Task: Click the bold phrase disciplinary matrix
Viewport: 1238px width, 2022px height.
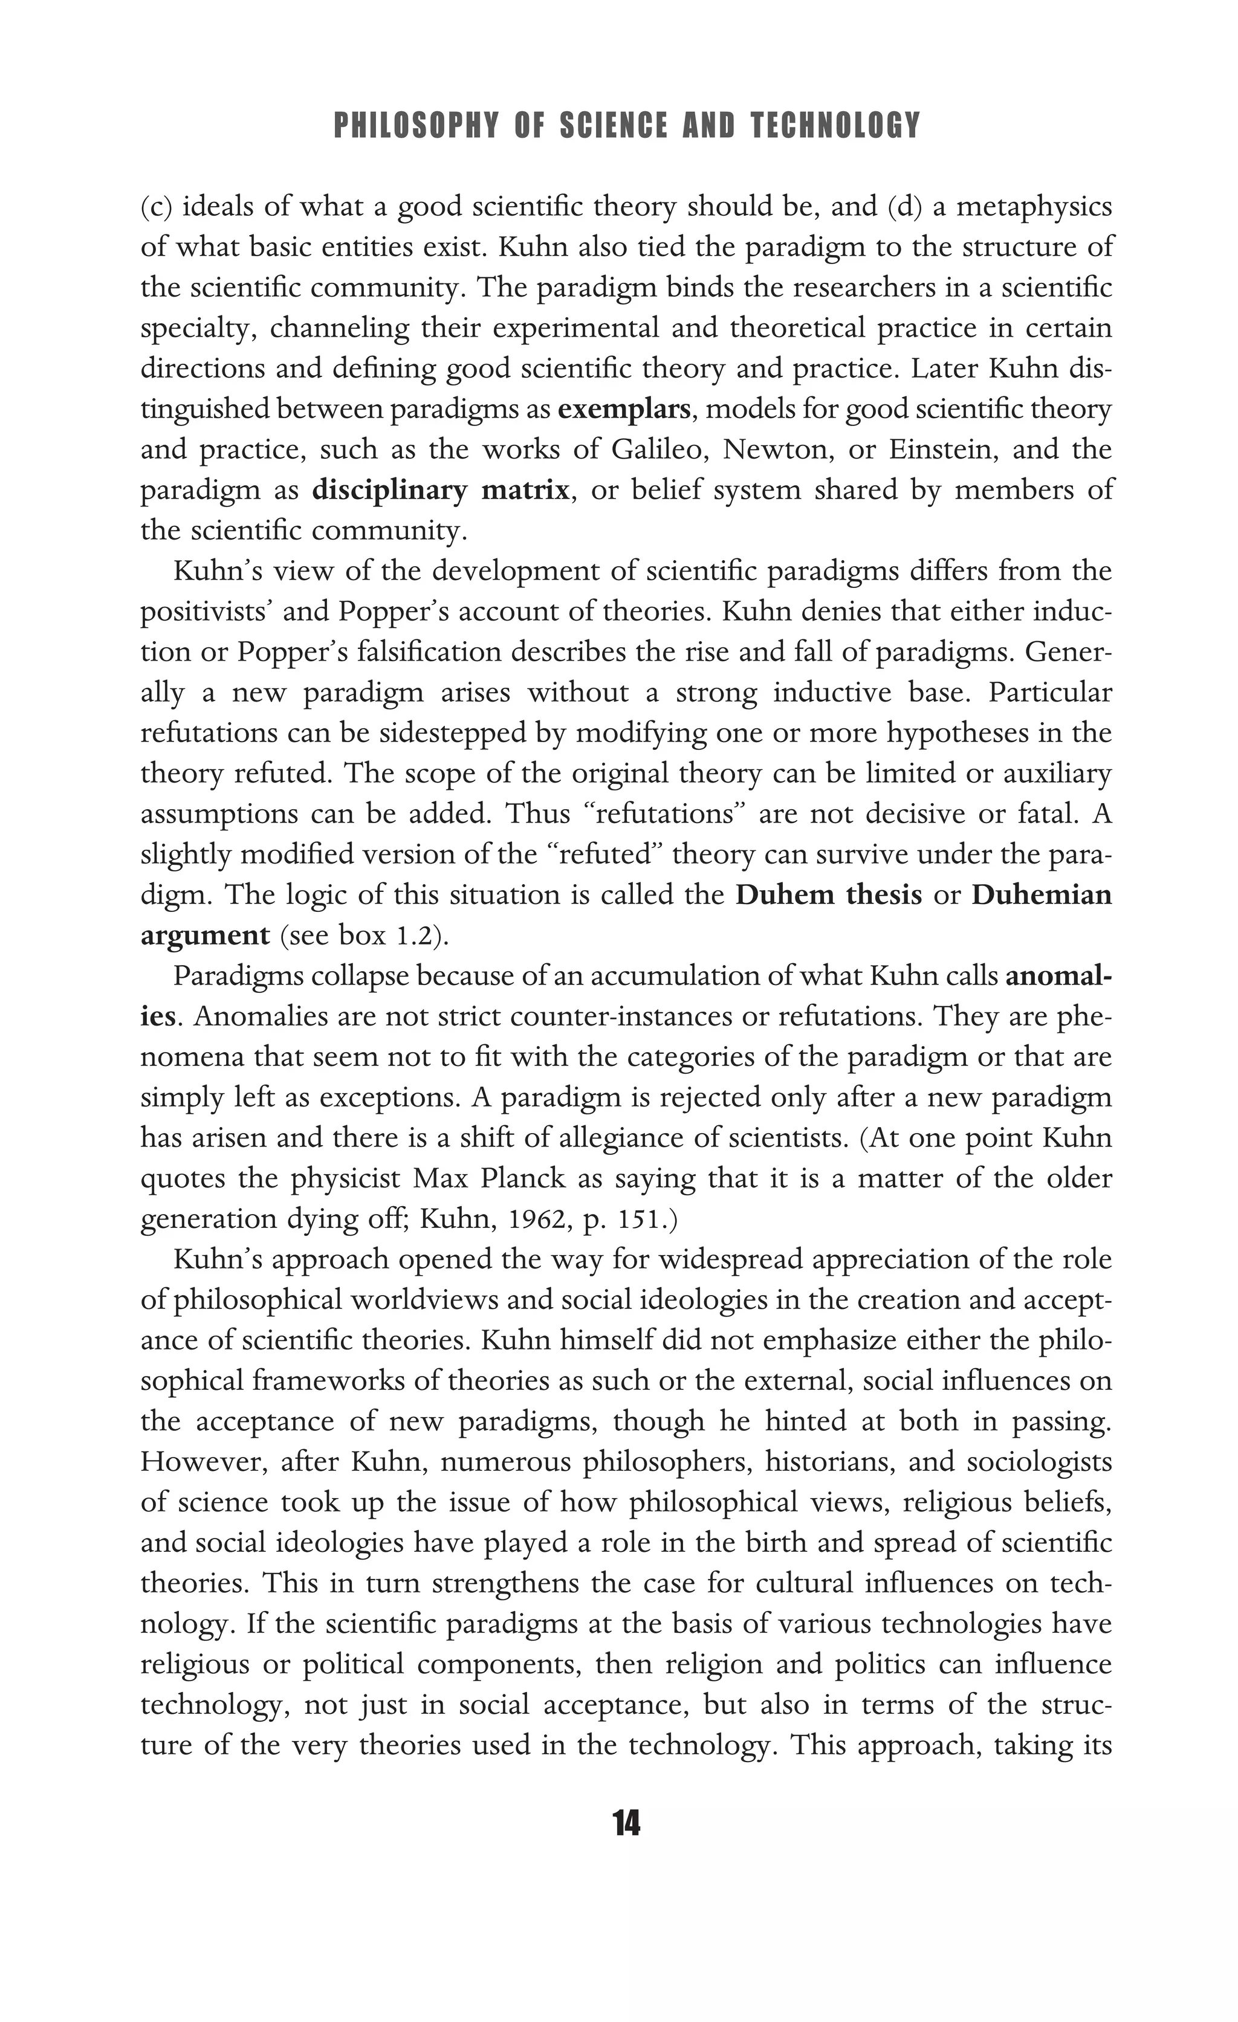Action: pyautogui.click(x=441, y=491)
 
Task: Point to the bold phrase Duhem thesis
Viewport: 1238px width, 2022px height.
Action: pyautogui.click(x=828, y=894)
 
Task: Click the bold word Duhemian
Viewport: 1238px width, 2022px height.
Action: pyautogui.click(x=1041, y=894)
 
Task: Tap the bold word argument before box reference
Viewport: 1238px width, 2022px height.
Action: pyautogui.click(x=206, y=935)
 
